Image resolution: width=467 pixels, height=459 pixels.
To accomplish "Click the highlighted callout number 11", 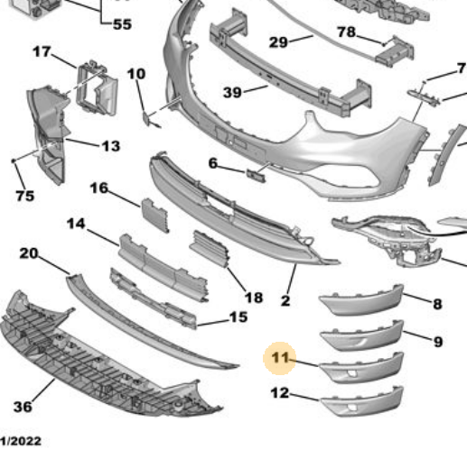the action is [x=280, y=358].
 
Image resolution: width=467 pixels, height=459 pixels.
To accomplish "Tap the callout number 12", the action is [x=280, y=393].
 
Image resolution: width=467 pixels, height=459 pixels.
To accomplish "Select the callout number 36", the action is [x=23, y=407].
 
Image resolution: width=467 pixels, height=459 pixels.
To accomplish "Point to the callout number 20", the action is [x=29, y=253].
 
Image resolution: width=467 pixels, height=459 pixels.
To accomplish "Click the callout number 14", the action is [x=76, y=224].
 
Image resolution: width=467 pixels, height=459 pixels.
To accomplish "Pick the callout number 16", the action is [x=98, y=188].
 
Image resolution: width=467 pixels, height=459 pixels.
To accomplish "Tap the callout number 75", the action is [x=25, y=196].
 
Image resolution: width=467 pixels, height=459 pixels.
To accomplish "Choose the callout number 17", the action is [x=42, y=51].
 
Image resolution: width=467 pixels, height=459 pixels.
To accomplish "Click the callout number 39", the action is [x=232, y=92].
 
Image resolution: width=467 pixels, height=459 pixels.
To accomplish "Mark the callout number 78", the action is [x=346, y=32].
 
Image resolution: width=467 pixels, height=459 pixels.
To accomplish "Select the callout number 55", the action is [x=122, y=24].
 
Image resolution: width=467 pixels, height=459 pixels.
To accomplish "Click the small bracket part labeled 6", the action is [x=257, y=176].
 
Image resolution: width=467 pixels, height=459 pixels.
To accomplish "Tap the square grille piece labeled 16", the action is [x=155, y=215].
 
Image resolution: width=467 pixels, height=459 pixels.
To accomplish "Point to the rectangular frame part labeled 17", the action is [x=97, y=88].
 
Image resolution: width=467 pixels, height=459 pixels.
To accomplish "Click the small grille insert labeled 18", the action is [x=210, y=248].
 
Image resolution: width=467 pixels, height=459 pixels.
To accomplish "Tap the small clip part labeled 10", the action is [x=147, y=118].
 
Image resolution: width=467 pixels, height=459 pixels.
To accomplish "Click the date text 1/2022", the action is [x=21, y=441].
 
